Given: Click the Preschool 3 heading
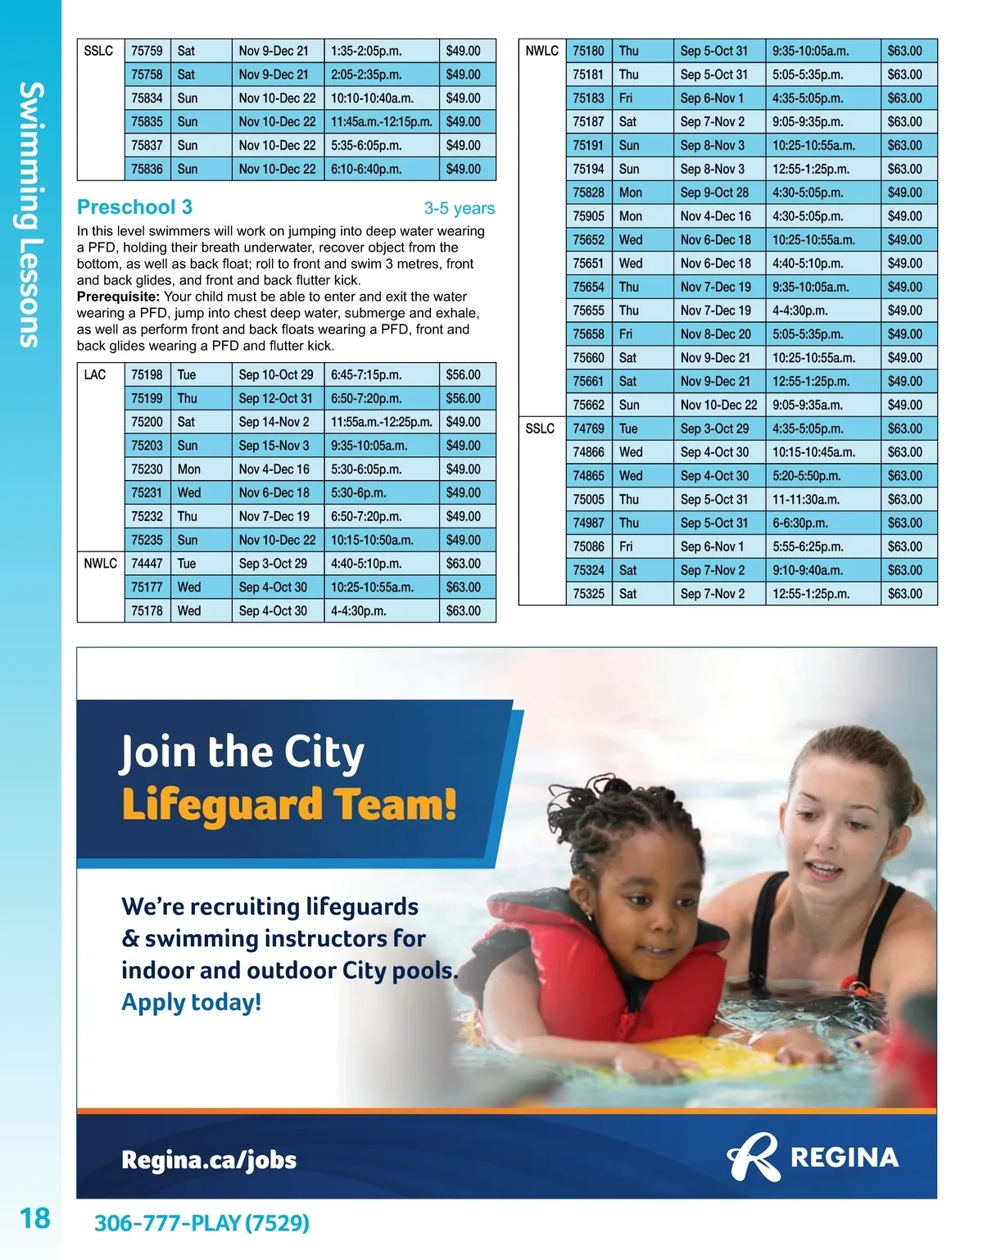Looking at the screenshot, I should (134, 207).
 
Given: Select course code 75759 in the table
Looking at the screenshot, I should (147, 51).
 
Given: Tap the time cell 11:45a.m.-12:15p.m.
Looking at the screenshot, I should (381, 122).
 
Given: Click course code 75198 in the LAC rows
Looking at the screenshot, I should (147, 375).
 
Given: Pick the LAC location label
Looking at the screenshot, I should (95, 375).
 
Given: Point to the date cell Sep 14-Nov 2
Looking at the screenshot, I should (274, 423).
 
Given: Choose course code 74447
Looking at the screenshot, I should (147, 564).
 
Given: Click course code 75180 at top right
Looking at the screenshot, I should (588, 51).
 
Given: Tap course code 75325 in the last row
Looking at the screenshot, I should (588, 594).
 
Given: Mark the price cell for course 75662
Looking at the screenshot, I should (904, 406).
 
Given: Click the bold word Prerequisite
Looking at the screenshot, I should (117, 297).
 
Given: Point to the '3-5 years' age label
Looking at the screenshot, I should (459, 209).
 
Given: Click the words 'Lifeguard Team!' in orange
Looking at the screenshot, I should (288, 804).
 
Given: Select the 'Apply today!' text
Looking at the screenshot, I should (191, 1002).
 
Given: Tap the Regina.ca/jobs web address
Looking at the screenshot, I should (208, 1160).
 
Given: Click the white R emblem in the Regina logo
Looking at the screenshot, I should (752, 1157).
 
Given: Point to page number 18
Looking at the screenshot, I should (35, 1218).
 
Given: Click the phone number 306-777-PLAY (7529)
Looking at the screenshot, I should (202, 1223).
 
